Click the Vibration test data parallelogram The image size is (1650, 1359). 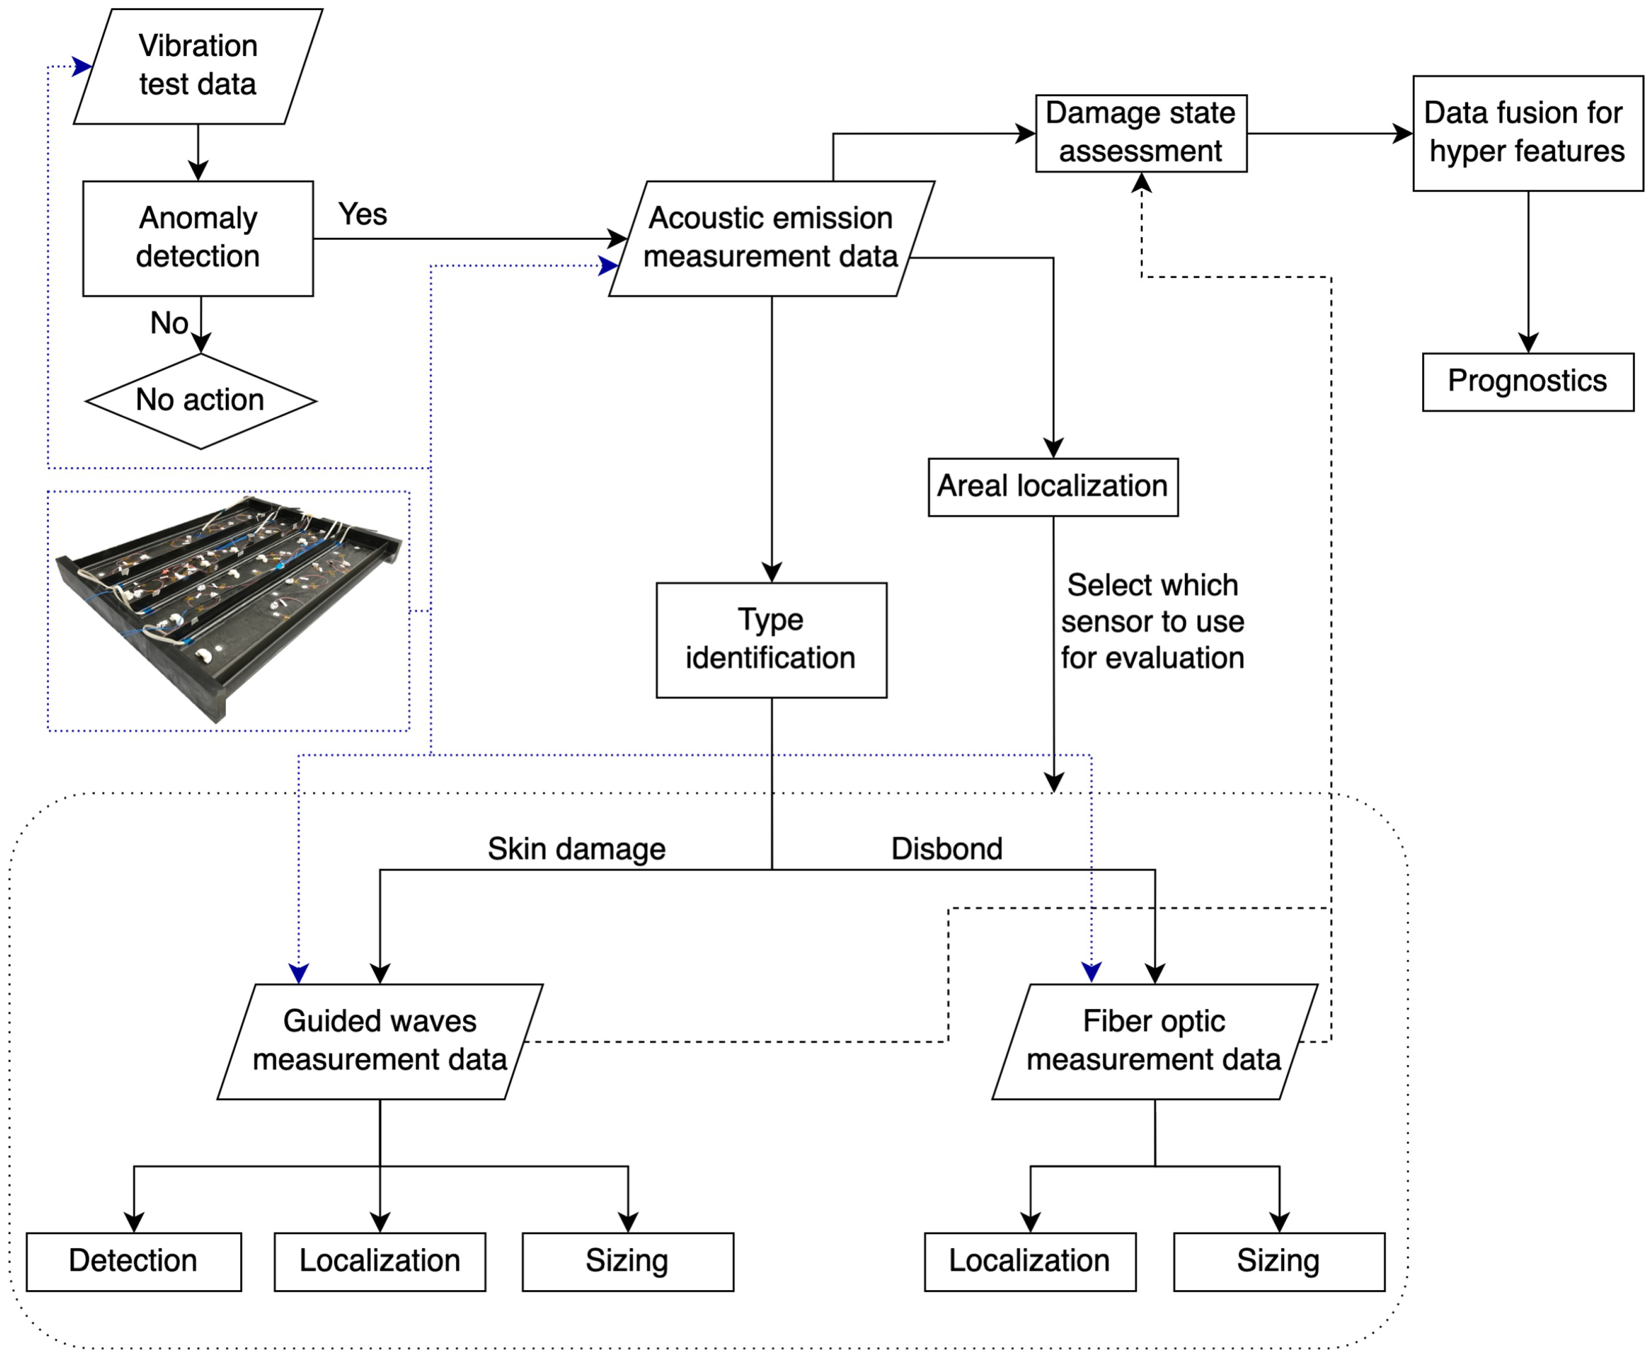[198, 66]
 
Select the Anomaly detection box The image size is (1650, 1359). [198, 239]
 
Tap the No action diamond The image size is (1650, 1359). [201, 401]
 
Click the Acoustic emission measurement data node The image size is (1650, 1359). [771, 239]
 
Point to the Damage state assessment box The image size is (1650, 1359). [1141, 133]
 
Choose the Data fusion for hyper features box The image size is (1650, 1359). [1528, 133]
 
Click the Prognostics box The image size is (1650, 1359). [1528, 382]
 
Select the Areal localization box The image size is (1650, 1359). [1053, 487]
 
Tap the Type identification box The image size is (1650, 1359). [771, 640]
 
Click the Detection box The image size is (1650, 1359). [134, 1262]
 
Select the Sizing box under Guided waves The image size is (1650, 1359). [628, 1262]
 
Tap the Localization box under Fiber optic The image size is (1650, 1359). [1030, 1262]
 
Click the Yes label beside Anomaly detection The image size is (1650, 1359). [363, 214]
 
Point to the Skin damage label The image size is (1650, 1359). [576, 849]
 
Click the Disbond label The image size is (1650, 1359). [947, 849]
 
